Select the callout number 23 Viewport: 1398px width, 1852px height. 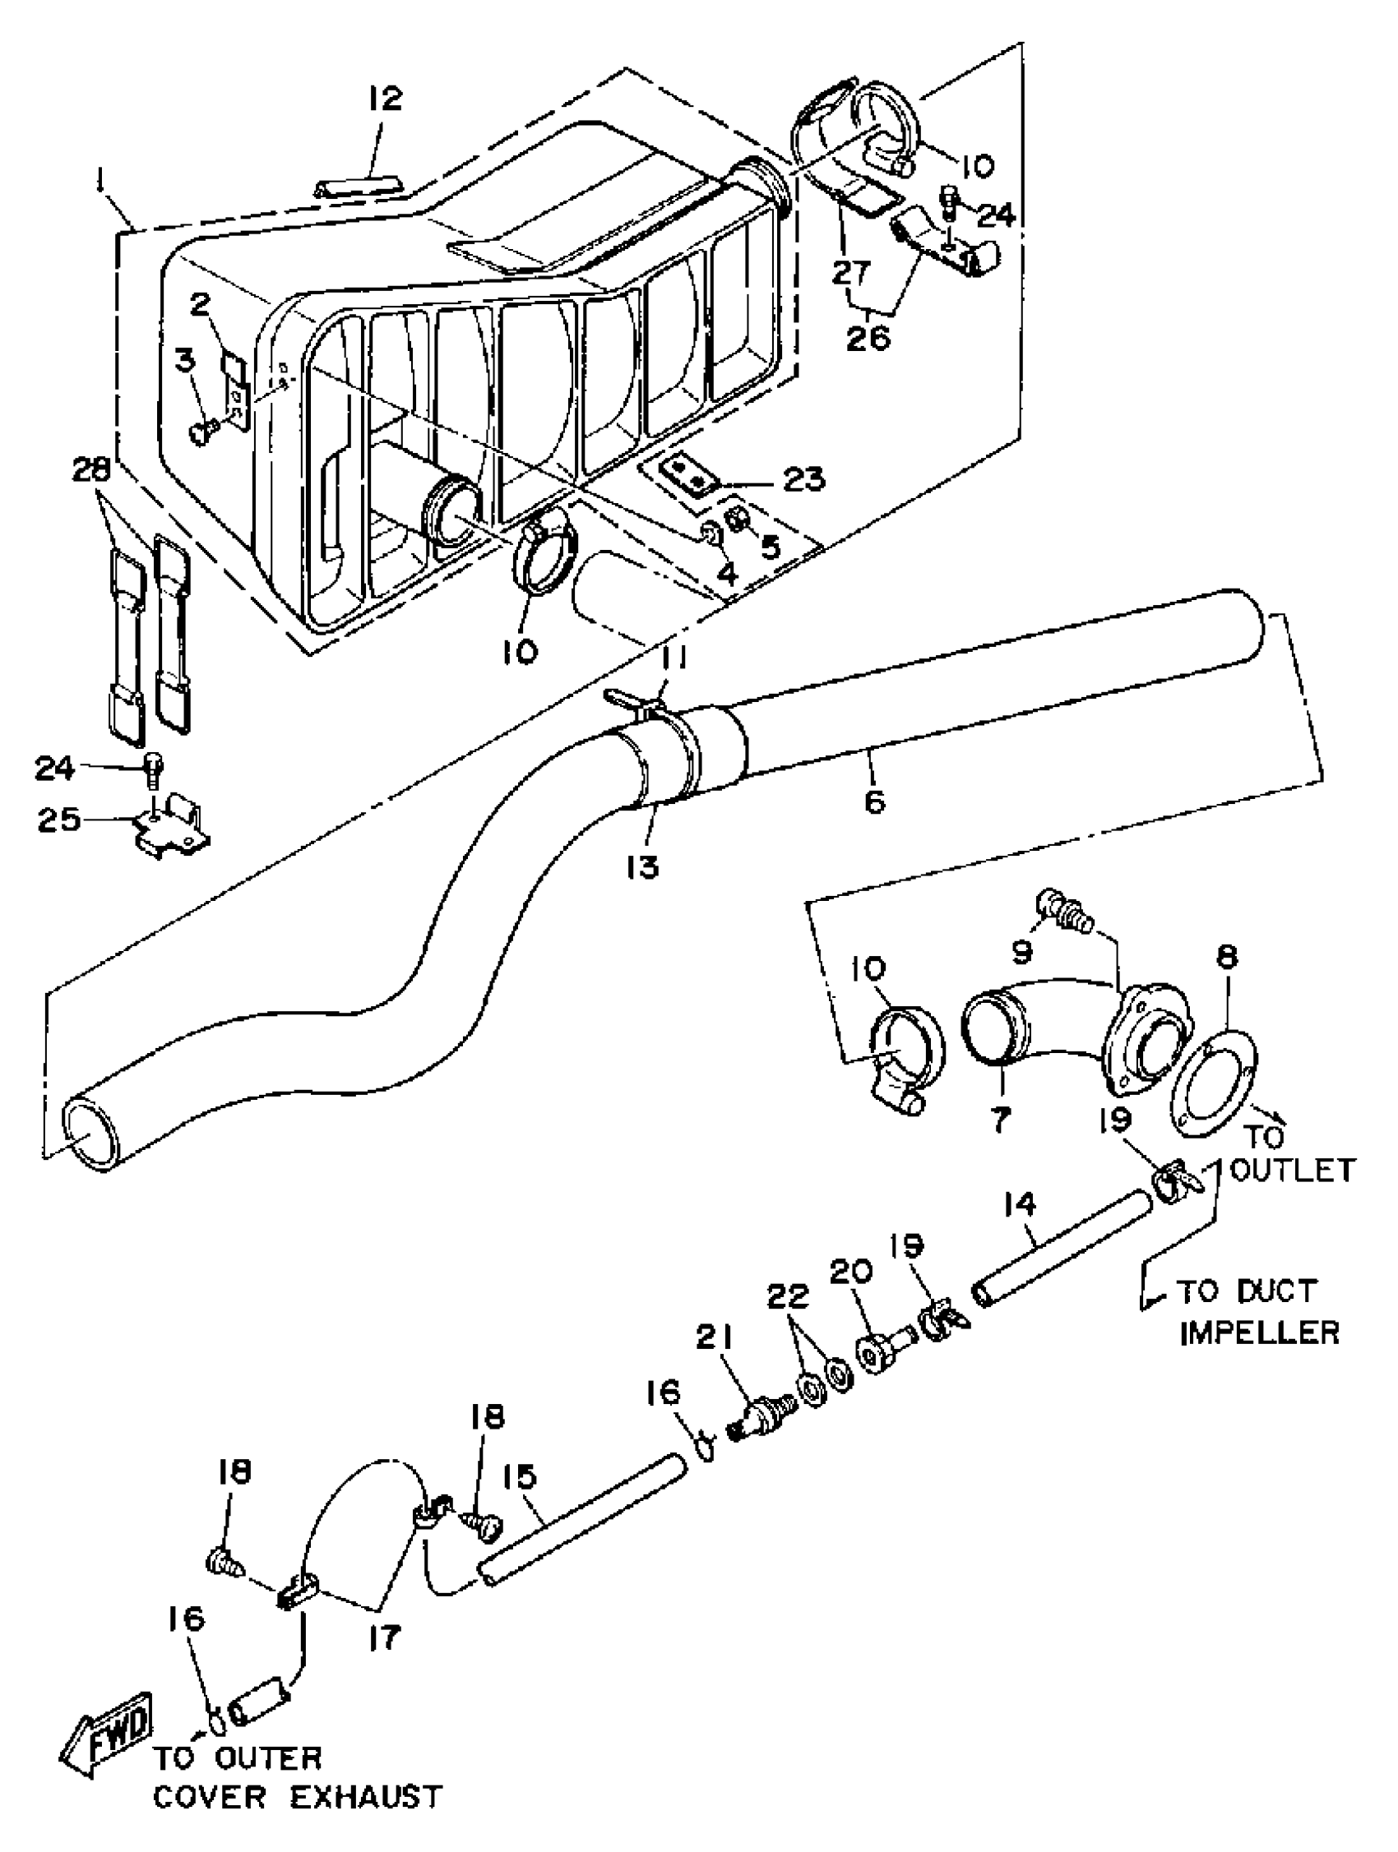[802, 479]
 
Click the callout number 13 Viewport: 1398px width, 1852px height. [641, 866]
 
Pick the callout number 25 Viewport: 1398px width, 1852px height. [58, 820]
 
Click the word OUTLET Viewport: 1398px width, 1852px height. [1294, 1170]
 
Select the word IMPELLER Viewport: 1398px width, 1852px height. [1259, 1332]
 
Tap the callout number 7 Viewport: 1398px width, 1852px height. [999, 1118]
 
